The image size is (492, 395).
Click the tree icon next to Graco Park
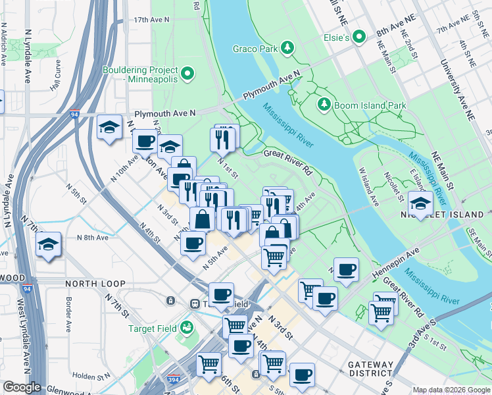click(x=287, y=47)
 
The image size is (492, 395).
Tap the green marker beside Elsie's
click(x=359, y=38)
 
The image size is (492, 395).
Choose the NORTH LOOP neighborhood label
click(x=95, y=283)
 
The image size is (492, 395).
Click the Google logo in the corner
click(x=21, y=387)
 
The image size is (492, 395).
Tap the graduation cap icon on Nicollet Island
click(x=420, y=201)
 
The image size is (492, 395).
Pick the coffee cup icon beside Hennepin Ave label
click(x=346, y=269)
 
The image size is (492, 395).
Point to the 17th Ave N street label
click(x=151, y=20)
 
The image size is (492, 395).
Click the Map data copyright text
click(x=451, y=389)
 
